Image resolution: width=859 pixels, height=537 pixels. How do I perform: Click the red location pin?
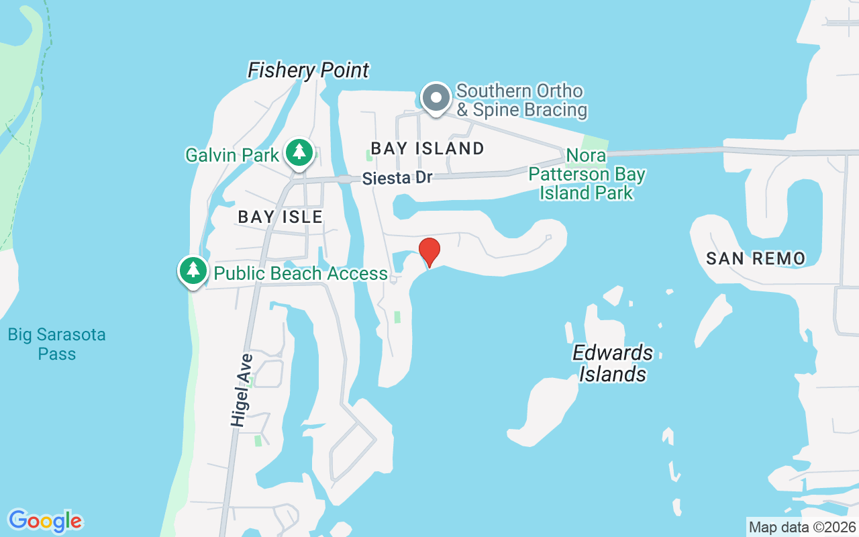point(429,252)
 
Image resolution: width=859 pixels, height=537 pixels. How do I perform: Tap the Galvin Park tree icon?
point(299,152)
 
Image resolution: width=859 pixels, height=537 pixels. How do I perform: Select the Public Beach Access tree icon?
point(193,271)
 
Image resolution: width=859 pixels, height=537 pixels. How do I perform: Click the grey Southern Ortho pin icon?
point(436,98)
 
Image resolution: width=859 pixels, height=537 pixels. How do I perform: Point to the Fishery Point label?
point(309,70)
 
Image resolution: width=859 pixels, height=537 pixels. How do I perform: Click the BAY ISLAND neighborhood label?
point(427,148)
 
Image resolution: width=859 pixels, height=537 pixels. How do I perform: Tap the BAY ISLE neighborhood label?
point(281,217)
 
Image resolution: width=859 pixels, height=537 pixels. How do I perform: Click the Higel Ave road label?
point(241,390)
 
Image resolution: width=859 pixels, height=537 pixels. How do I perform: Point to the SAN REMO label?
point(756,258)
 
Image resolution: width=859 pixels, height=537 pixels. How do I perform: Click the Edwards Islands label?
point(612,363)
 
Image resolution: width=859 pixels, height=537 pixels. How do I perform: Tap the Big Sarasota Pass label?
point(57,344)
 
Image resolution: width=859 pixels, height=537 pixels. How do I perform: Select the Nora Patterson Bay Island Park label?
point(587,175)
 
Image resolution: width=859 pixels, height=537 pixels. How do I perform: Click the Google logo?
point(45,521)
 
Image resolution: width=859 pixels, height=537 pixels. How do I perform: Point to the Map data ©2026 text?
point(802,527)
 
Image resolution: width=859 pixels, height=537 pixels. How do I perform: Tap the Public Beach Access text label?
point(301,273)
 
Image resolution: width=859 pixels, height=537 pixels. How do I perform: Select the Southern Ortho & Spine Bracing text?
point(521,100)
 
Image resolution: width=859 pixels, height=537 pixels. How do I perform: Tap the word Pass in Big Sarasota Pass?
point(57,354)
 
